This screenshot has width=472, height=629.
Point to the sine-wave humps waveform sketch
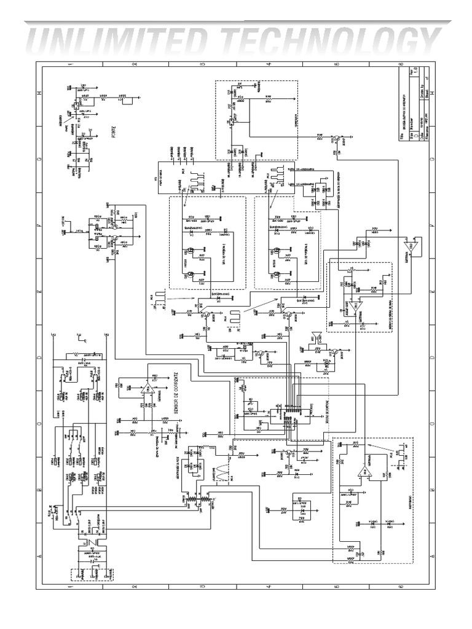point(220,473)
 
